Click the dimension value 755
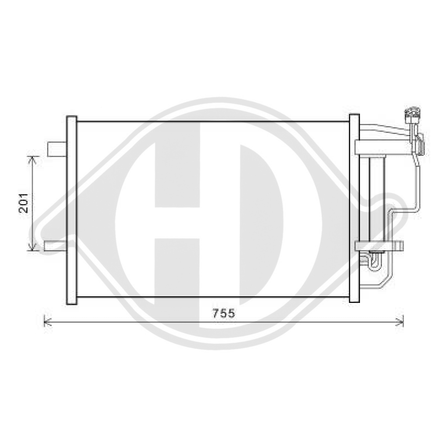point(224,313)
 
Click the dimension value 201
point(24,203)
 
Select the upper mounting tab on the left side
point(57,149)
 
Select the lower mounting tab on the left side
point(55,246)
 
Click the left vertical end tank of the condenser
point(71,210)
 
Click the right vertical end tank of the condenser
point(354,208)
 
